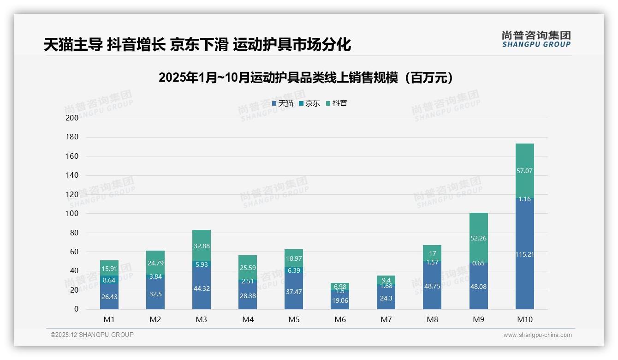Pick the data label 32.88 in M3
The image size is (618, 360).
tap(202, 246)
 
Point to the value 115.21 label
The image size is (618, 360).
tap(524, 254)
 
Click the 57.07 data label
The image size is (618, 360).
tap(524, 171)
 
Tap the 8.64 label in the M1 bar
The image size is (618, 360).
tap(109, 280)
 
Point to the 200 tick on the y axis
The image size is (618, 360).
tap(72, 118)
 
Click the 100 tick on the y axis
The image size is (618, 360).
tap(72, 214)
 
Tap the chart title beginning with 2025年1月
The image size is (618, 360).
tap(309, 78)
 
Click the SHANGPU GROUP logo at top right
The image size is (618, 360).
tap(536, 39)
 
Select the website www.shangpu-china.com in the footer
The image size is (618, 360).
tap(537, 335)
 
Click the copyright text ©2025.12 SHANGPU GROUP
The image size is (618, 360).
tap(92, 335)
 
